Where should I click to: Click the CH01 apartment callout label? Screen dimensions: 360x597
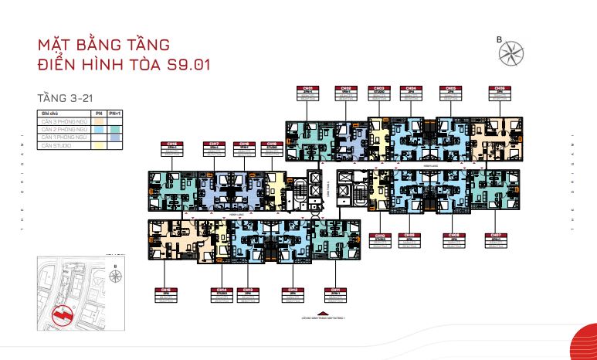(308, 93)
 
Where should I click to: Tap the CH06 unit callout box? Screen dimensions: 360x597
(500, 93)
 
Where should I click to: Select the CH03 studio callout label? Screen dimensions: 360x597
(378, 93)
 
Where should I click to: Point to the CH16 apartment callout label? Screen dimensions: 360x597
(172, 148)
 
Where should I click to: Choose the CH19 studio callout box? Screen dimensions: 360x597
(244, 148)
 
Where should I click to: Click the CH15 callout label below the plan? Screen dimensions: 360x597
(166, 294)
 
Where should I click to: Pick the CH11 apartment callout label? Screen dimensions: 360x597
(334, 294)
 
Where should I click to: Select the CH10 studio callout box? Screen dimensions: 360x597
(379, 239)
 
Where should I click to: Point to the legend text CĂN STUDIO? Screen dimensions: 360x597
(57, 145)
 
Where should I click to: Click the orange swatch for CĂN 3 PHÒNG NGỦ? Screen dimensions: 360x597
(98, 122)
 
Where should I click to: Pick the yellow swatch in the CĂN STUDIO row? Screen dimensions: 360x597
(98, 145)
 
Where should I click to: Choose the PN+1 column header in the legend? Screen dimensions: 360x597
(114, 114)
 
